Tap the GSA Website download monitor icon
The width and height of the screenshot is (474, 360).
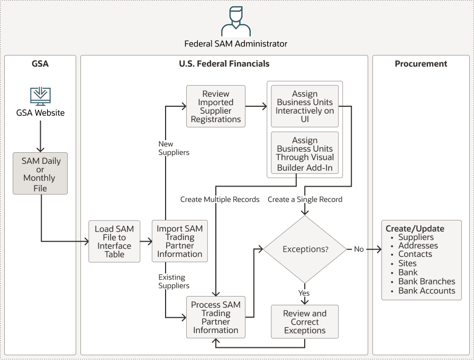(x=40, y=96)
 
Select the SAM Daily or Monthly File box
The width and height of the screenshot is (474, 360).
(x=40, y=173)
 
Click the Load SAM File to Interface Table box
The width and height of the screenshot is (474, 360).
(x=114, y=242)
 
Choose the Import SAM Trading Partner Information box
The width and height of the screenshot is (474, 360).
(x=179, y=242)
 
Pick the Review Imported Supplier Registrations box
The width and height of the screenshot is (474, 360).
(x=216, y=106)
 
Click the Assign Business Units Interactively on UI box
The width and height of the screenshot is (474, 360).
(x=305, y=106)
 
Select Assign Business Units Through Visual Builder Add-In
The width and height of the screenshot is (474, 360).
(x=305, y=153)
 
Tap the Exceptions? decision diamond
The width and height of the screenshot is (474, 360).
(x=305, y=249)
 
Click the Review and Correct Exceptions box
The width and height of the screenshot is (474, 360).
(x=305, y=321)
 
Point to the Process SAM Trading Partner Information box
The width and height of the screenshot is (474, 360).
(x=216, y=317)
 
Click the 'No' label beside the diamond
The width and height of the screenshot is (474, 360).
(x=359, y=249)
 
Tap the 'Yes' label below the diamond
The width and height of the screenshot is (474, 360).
(x=304, y=293)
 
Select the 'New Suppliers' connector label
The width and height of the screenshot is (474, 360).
(x=174, y=148)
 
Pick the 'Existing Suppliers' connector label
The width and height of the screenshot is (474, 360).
(x=174, y=281)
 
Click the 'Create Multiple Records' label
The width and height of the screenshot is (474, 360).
(x=220, y=199)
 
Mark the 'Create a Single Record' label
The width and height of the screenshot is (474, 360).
(x=305, y=199)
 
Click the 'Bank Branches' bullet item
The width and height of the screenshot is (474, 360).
(x=426, y=281)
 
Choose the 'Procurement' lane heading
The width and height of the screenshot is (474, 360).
(x=421, y=63)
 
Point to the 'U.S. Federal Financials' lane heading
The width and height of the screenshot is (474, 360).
(x=224, y=63)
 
